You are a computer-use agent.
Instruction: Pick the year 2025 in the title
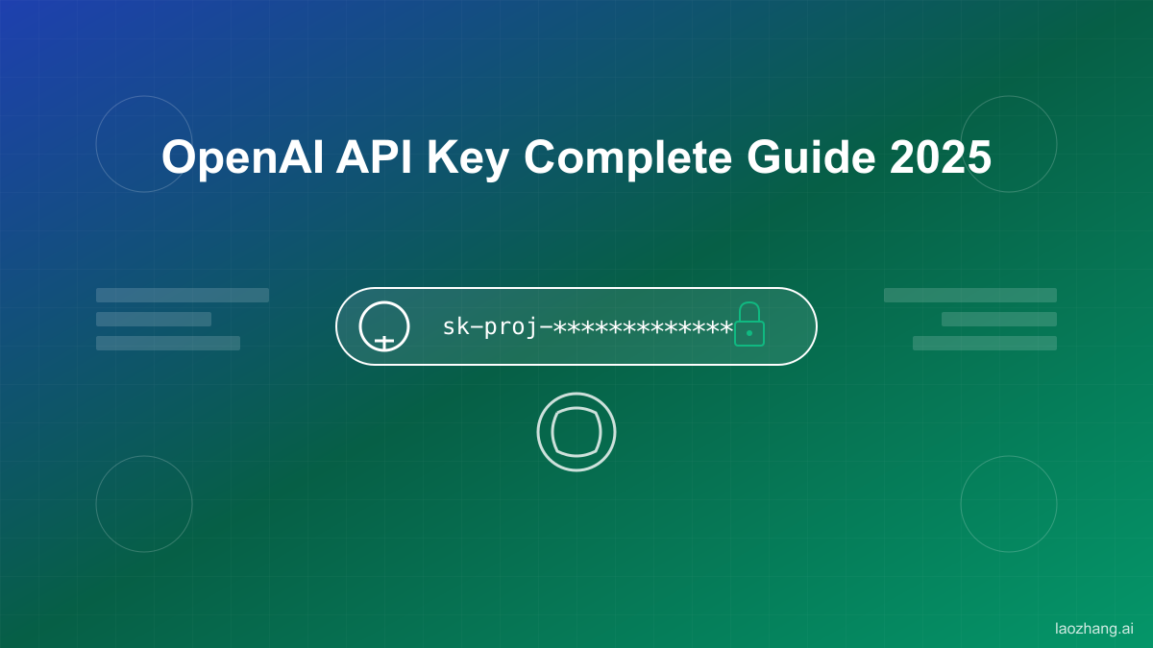941,157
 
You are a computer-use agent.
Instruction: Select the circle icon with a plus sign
384,326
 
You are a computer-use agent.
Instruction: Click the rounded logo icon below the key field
576,432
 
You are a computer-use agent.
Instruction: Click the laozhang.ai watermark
1093,629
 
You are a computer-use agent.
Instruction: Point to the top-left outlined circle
144,144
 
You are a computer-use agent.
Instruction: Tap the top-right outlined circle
1009,144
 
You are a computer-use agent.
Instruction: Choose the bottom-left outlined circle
144,504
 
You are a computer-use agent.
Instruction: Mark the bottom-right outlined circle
1009,504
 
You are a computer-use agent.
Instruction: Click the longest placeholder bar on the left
183,295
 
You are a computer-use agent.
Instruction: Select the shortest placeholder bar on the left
154,319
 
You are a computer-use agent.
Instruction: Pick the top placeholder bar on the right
970,295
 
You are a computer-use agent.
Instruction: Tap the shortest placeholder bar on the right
999,319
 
